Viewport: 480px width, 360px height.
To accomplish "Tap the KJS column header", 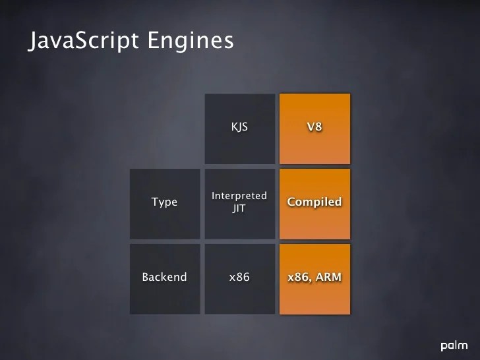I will [x=239, y=127].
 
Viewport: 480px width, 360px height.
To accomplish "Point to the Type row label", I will [x=164, y=202].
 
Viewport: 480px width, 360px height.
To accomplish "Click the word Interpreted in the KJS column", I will [x=239, y=196].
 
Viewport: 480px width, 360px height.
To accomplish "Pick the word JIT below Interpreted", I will [x=239, y=208].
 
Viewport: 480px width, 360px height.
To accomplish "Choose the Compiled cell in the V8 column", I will [x=315, y=202].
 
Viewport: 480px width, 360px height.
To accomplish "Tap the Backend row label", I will [x=164, y=277].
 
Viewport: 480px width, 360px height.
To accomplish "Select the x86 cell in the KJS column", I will [x=239, y=277].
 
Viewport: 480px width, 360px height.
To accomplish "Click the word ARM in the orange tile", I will [x=328, y=277].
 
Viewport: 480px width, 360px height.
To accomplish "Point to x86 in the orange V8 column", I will [x=299, y=277].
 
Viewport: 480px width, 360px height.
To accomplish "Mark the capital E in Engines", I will [x=154, y=40].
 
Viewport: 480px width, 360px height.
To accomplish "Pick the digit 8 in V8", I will [x=319, y=127].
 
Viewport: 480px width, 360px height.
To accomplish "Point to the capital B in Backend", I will [x=146, y=277].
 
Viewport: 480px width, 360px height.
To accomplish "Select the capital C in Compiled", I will [x=291, y=202].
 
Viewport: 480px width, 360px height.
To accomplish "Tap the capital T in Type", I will [x=155, y=202].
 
